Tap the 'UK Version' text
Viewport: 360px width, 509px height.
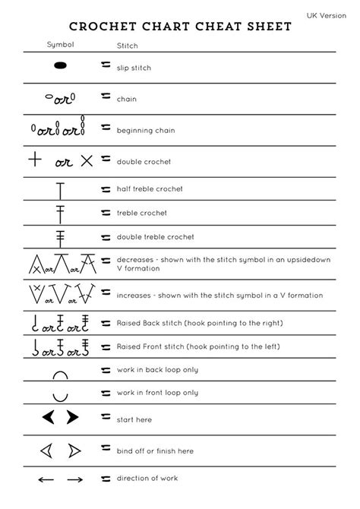(326, 15)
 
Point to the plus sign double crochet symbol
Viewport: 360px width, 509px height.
(34, 160)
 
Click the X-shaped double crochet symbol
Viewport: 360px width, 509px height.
(87, 160)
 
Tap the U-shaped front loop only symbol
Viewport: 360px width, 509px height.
(61, 395)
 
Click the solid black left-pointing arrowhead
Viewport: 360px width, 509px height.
(49, 417)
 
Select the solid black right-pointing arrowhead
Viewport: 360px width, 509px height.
(72, 417)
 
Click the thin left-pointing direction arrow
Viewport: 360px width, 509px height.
(46, 479)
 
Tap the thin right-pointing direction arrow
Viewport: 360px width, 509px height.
(74, 479)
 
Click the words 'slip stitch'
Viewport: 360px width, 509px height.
(134, 68)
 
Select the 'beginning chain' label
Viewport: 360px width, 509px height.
(145, 130)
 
